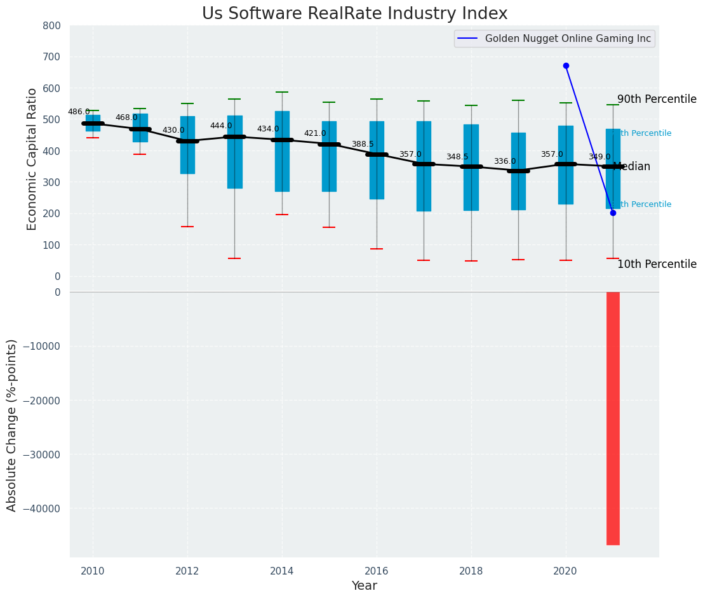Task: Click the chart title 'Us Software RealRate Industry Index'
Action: pyautogui.click(x=354, y=14)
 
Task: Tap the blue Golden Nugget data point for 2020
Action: pyautogui.click(x=566, y=65)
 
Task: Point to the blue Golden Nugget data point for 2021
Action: pyautogui.click(x=613, y=213)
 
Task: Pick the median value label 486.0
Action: pyautogui.click(x=79, y=112)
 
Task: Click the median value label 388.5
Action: pyautogui.click(x=363, y=144)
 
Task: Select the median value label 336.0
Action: pyautogui.click(x=505, y=161)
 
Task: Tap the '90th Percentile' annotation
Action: pyautogui.click(x=657, y=100)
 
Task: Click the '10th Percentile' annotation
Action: pyautogui.click(x=657, y=265)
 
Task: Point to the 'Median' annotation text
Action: pyautogui.click(x=633, y=167)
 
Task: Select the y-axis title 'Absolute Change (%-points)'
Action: pyautogui.click(x=12, y=425)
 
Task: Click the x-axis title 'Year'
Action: pyautogui.click(x=365, y=586)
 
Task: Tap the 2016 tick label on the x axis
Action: pyautogui.click(x=377, y=571)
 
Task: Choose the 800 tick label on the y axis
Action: pyautogui.click(x=51, y=25)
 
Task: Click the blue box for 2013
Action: pyautogui.click(x=234, y=152)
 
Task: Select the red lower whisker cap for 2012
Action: pyautogui.click(x=187, y=227)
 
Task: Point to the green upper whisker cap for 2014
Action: pyautogui.click(x=282, y=92)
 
